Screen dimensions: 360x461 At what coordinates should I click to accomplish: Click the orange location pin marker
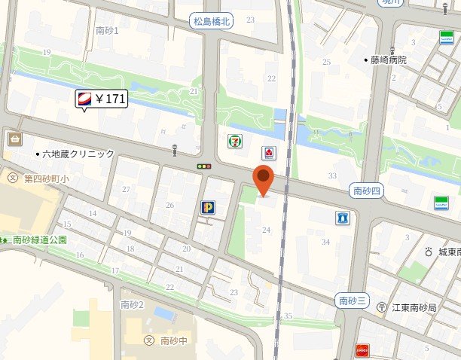coord(262,181)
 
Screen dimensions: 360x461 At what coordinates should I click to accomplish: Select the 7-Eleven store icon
coord(234,140)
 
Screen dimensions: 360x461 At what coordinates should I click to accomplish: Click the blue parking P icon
coord(207,207)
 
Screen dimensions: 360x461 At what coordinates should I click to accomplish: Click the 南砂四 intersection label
coord(368,192)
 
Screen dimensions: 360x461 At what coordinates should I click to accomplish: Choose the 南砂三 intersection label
coord(353,301)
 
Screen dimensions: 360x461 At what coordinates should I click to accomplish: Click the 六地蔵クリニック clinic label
coord(75,154)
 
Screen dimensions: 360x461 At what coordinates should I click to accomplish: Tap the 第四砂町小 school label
coord(38,178)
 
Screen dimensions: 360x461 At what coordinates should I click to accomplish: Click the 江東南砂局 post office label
coord(414,307)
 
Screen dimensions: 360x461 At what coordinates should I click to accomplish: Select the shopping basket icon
coord(14,139)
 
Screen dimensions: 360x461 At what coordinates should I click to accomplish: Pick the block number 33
coord(332,175)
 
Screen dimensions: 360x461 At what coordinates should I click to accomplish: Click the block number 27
coord(126,190)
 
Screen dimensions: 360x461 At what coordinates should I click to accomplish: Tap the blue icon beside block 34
coord(343,218)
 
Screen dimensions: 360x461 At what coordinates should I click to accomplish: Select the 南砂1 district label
coord(108,30)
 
